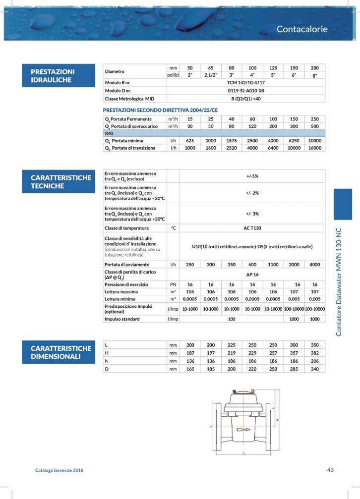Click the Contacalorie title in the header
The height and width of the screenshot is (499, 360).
[302, 29]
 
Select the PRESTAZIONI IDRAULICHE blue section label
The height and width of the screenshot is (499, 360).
[53, 76]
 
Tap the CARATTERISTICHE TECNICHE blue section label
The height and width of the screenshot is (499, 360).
[61, 182]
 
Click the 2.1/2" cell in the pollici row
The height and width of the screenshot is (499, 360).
[210, 75]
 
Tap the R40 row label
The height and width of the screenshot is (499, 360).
[109, 133]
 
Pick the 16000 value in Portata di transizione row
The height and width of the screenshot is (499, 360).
[314, 148]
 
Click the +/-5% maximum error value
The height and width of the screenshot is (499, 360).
[252, 176]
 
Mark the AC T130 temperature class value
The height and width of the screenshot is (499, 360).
[252, 228]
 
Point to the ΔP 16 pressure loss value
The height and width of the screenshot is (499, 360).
[252, 274]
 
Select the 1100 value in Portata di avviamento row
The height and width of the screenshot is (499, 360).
[273, 265]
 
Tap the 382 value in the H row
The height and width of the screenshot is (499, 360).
[314, 353]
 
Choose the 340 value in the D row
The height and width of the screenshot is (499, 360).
[314, 369]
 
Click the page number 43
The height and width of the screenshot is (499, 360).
[330, 470]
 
